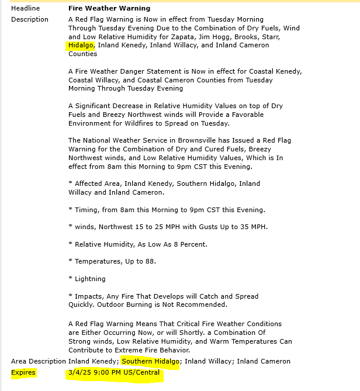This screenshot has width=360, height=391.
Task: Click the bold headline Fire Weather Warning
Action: coord(109,8)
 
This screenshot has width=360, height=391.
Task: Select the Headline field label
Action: coord(26,8)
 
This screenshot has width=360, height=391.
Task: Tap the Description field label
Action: coord(30,19)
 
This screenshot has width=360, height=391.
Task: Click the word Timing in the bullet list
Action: coord(86,210)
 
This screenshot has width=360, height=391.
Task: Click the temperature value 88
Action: coord(150,261)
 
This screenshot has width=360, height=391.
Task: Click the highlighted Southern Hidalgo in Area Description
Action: coord(150,361)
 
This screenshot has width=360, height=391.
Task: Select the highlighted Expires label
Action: coord(23,372)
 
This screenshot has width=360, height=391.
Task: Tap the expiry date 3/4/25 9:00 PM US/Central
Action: coord(113,372)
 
